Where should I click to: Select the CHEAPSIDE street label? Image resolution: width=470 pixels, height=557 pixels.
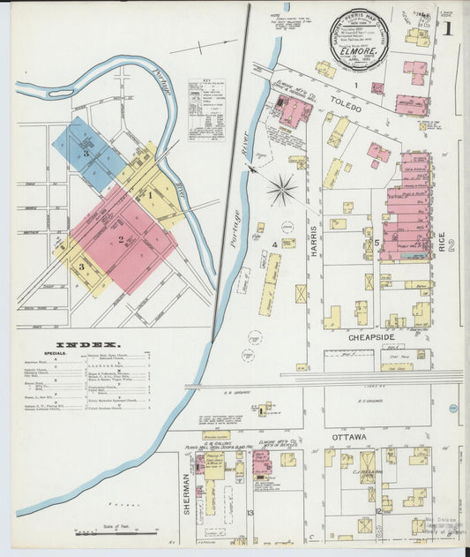pyautogui.click(x=362, y=335)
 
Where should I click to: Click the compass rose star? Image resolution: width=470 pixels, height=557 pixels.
pyautogui.click(x=282, y=188)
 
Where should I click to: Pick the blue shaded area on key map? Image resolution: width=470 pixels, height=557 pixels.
pyautogui.click(x=86, y=153)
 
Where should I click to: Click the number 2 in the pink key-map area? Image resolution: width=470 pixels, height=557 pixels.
pyautogui.click(x=121, y=238)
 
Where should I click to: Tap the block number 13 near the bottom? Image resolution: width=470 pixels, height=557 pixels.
pyautogui.click(x=250, y=512)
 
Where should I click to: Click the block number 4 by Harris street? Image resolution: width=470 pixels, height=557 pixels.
pyautogui.click(x=275, y=244)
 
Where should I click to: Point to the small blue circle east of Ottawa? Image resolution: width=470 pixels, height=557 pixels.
pyautogui.click(x=451, y=409)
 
